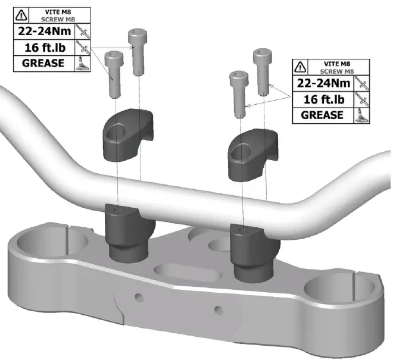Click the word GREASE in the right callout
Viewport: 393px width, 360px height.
(322, 114)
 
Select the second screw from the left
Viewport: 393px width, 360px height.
(138, 51)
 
